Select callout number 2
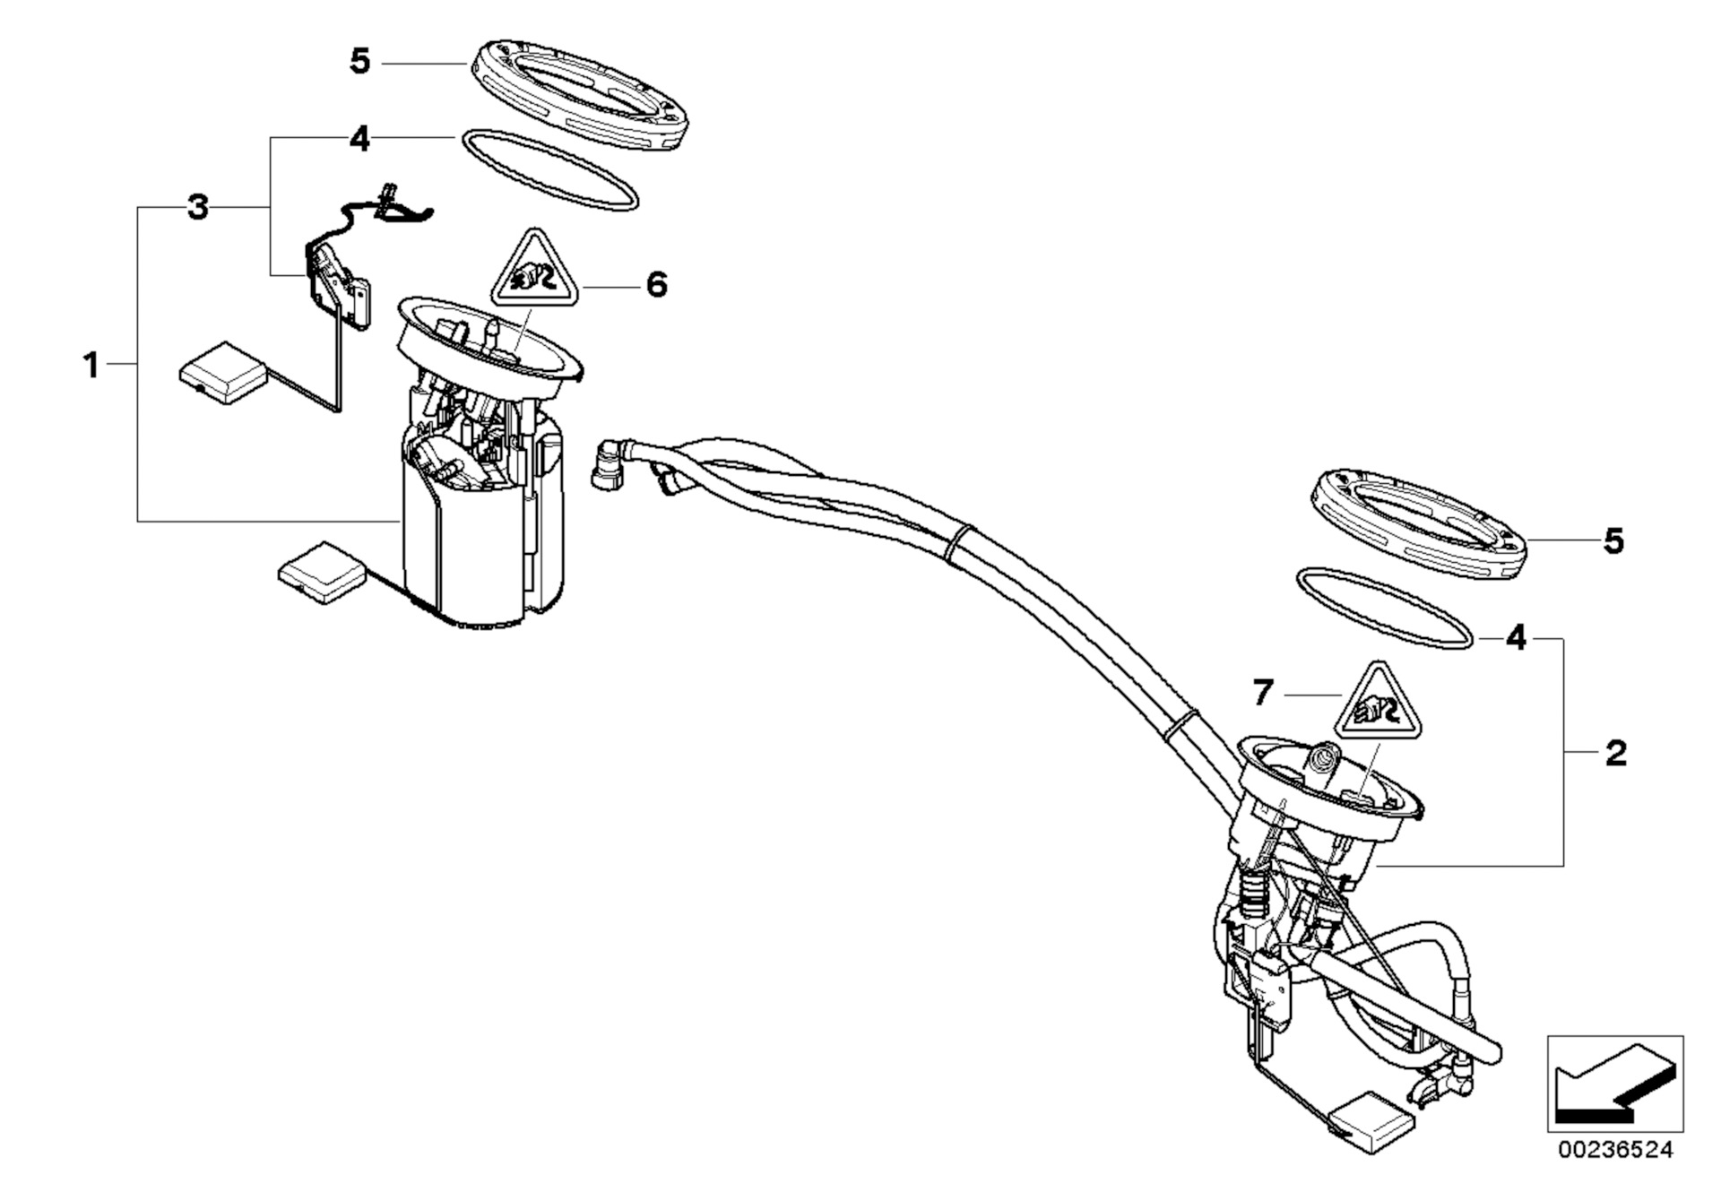coord(1615,753)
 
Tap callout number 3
coord(197,208)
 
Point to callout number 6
coord(657,285)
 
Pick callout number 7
coord(1263,693)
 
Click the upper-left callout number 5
coord(359,62)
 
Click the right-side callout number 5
coord(1613,541)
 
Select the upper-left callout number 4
coord(359,139)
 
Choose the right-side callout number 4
coord(1515,638)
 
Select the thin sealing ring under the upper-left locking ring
coord(549,170)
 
